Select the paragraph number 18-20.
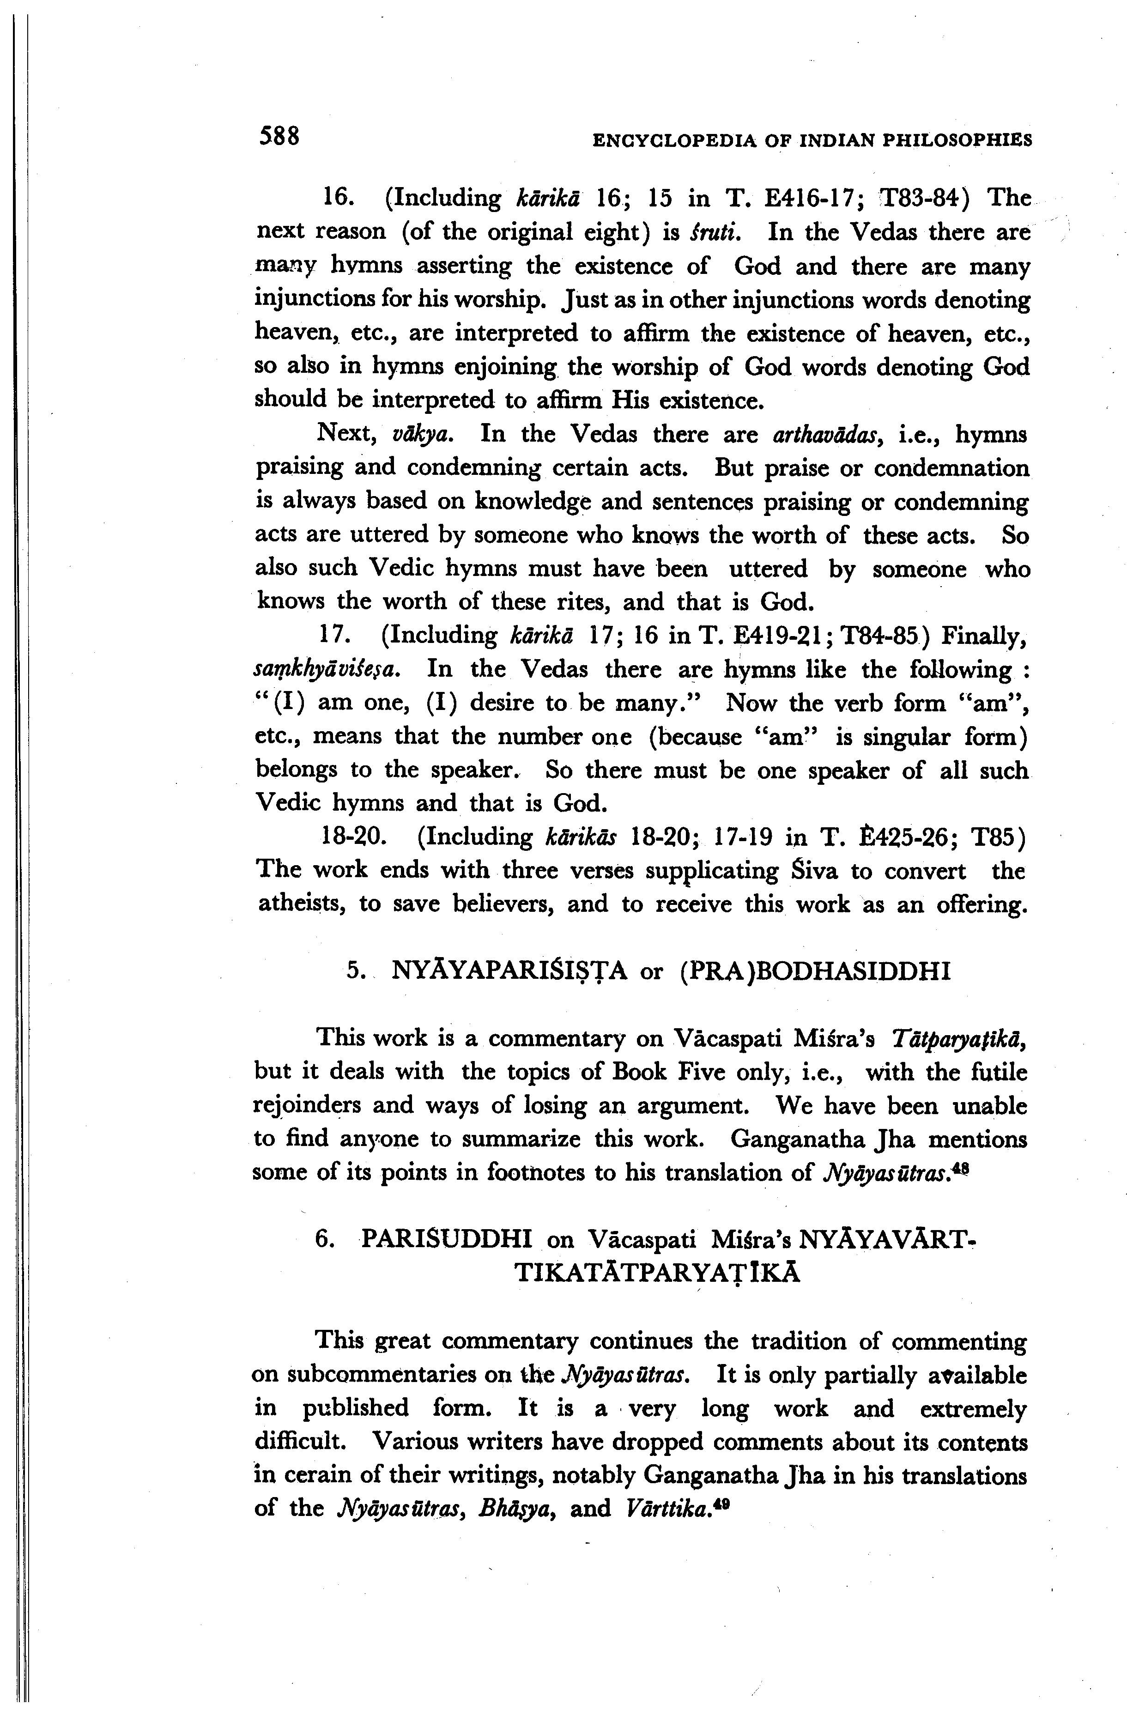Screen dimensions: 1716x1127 coord(353,837)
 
